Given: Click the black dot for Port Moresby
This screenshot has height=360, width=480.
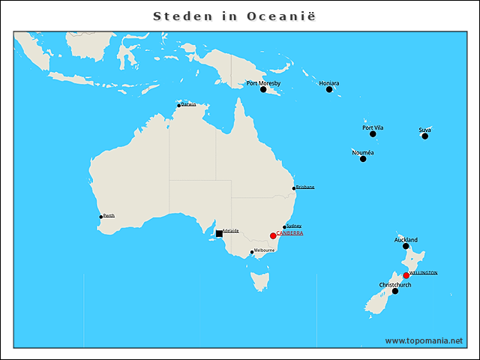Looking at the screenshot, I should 263,89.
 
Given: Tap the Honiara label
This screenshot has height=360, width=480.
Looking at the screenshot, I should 328,82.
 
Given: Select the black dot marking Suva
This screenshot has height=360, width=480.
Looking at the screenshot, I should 424,136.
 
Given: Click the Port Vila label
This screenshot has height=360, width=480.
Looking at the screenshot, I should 373,127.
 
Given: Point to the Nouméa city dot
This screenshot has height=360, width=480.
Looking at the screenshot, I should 363,158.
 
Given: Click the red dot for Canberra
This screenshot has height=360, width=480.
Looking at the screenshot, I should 273,235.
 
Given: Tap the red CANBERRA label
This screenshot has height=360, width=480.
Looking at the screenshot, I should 290,233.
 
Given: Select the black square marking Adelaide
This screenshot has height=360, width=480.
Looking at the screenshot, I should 219,234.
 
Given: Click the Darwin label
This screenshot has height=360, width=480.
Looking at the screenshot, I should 188,104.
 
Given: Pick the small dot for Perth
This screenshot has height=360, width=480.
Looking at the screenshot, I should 101,217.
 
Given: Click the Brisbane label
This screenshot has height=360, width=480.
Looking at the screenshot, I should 305,187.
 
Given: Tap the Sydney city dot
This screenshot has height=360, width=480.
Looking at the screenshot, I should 284,227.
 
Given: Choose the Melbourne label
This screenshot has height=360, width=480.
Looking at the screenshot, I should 265,250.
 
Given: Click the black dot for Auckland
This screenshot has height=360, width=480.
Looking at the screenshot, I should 406,246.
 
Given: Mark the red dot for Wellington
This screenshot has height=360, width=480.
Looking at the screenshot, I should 406,275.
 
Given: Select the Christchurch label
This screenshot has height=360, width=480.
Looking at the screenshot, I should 395,285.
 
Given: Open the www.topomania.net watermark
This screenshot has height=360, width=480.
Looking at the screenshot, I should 424,340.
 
